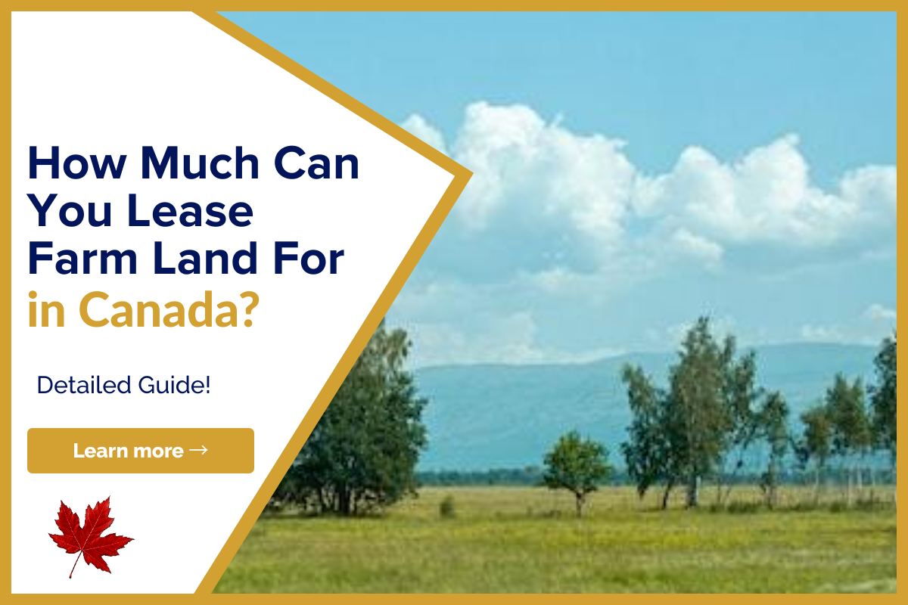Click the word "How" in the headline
coord(77,163)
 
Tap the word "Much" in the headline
coord(200,163)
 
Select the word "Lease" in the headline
coord(190,211)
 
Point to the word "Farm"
coord(82,258)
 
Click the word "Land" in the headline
coord(205,258)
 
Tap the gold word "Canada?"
coord(169,309)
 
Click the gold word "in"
coord(46,309)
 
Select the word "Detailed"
coord(84,385)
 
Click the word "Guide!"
coord(174,385)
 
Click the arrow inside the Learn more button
coord(198,450)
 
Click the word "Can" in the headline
coord(316,163)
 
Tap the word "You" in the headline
coord(70,211)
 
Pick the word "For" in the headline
coord(309,258)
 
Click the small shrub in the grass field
coord(447,506)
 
